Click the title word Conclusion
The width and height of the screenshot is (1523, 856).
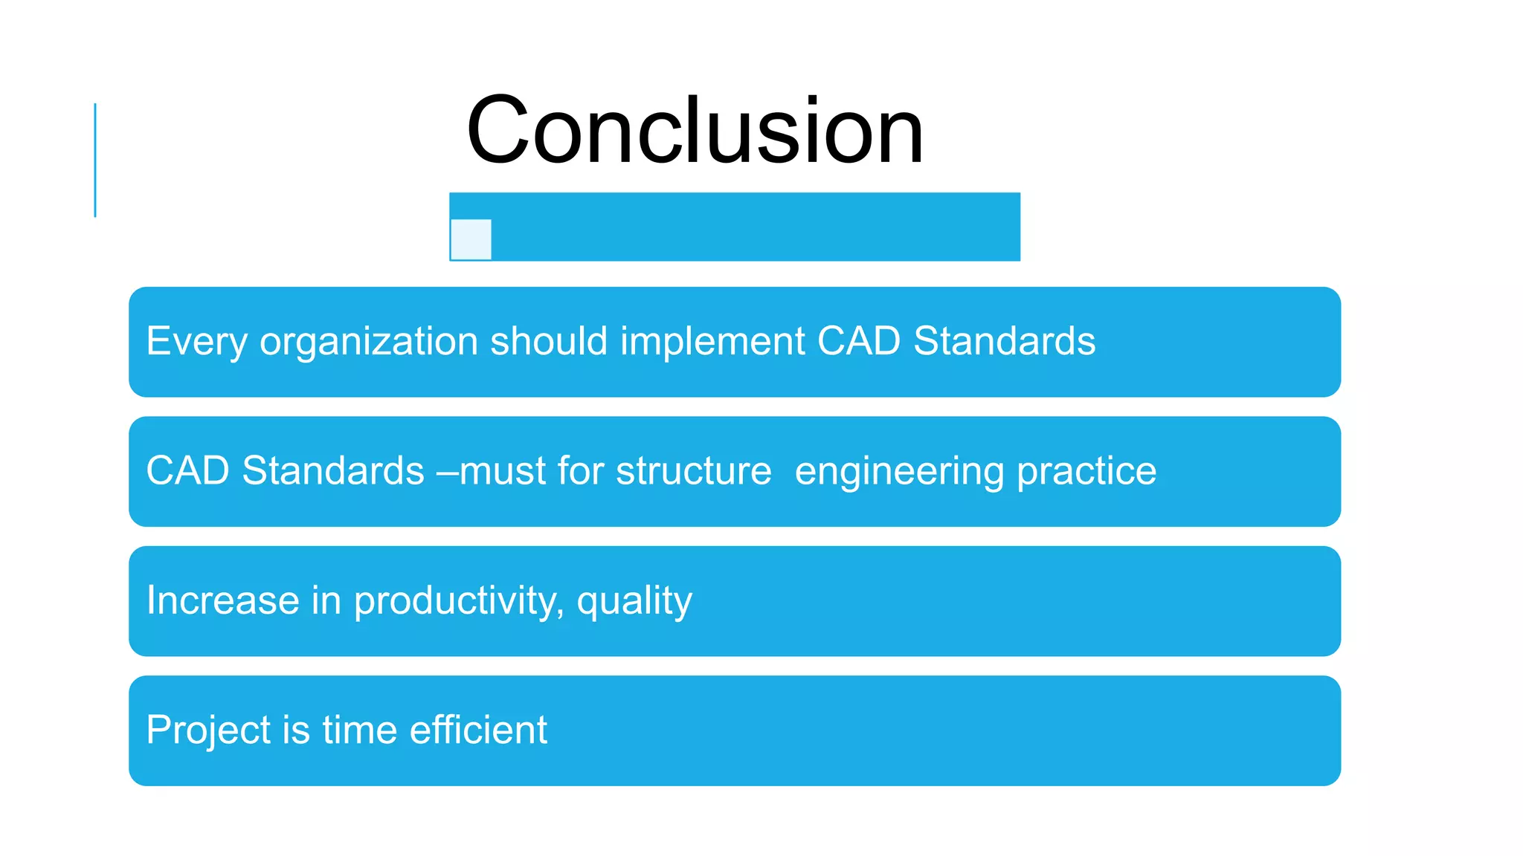coord(695,132)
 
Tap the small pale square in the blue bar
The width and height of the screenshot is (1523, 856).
coord(471,239)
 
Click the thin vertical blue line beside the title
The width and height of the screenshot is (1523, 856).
coord(95,160)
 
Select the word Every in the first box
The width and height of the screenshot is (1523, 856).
coord(196,342)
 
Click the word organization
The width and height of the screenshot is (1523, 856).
coord(368,342)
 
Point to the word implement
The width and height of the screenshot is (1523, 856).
coord(712,342)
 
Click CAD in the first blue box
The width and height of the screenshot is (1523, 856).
coord(858,341)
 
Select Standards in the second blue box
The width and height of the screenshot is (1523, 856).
coord(332,471)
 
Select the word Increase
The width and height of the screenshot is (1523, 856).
coord(222,600)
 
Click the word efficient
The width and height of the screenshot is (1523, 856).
coord(478,730)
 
